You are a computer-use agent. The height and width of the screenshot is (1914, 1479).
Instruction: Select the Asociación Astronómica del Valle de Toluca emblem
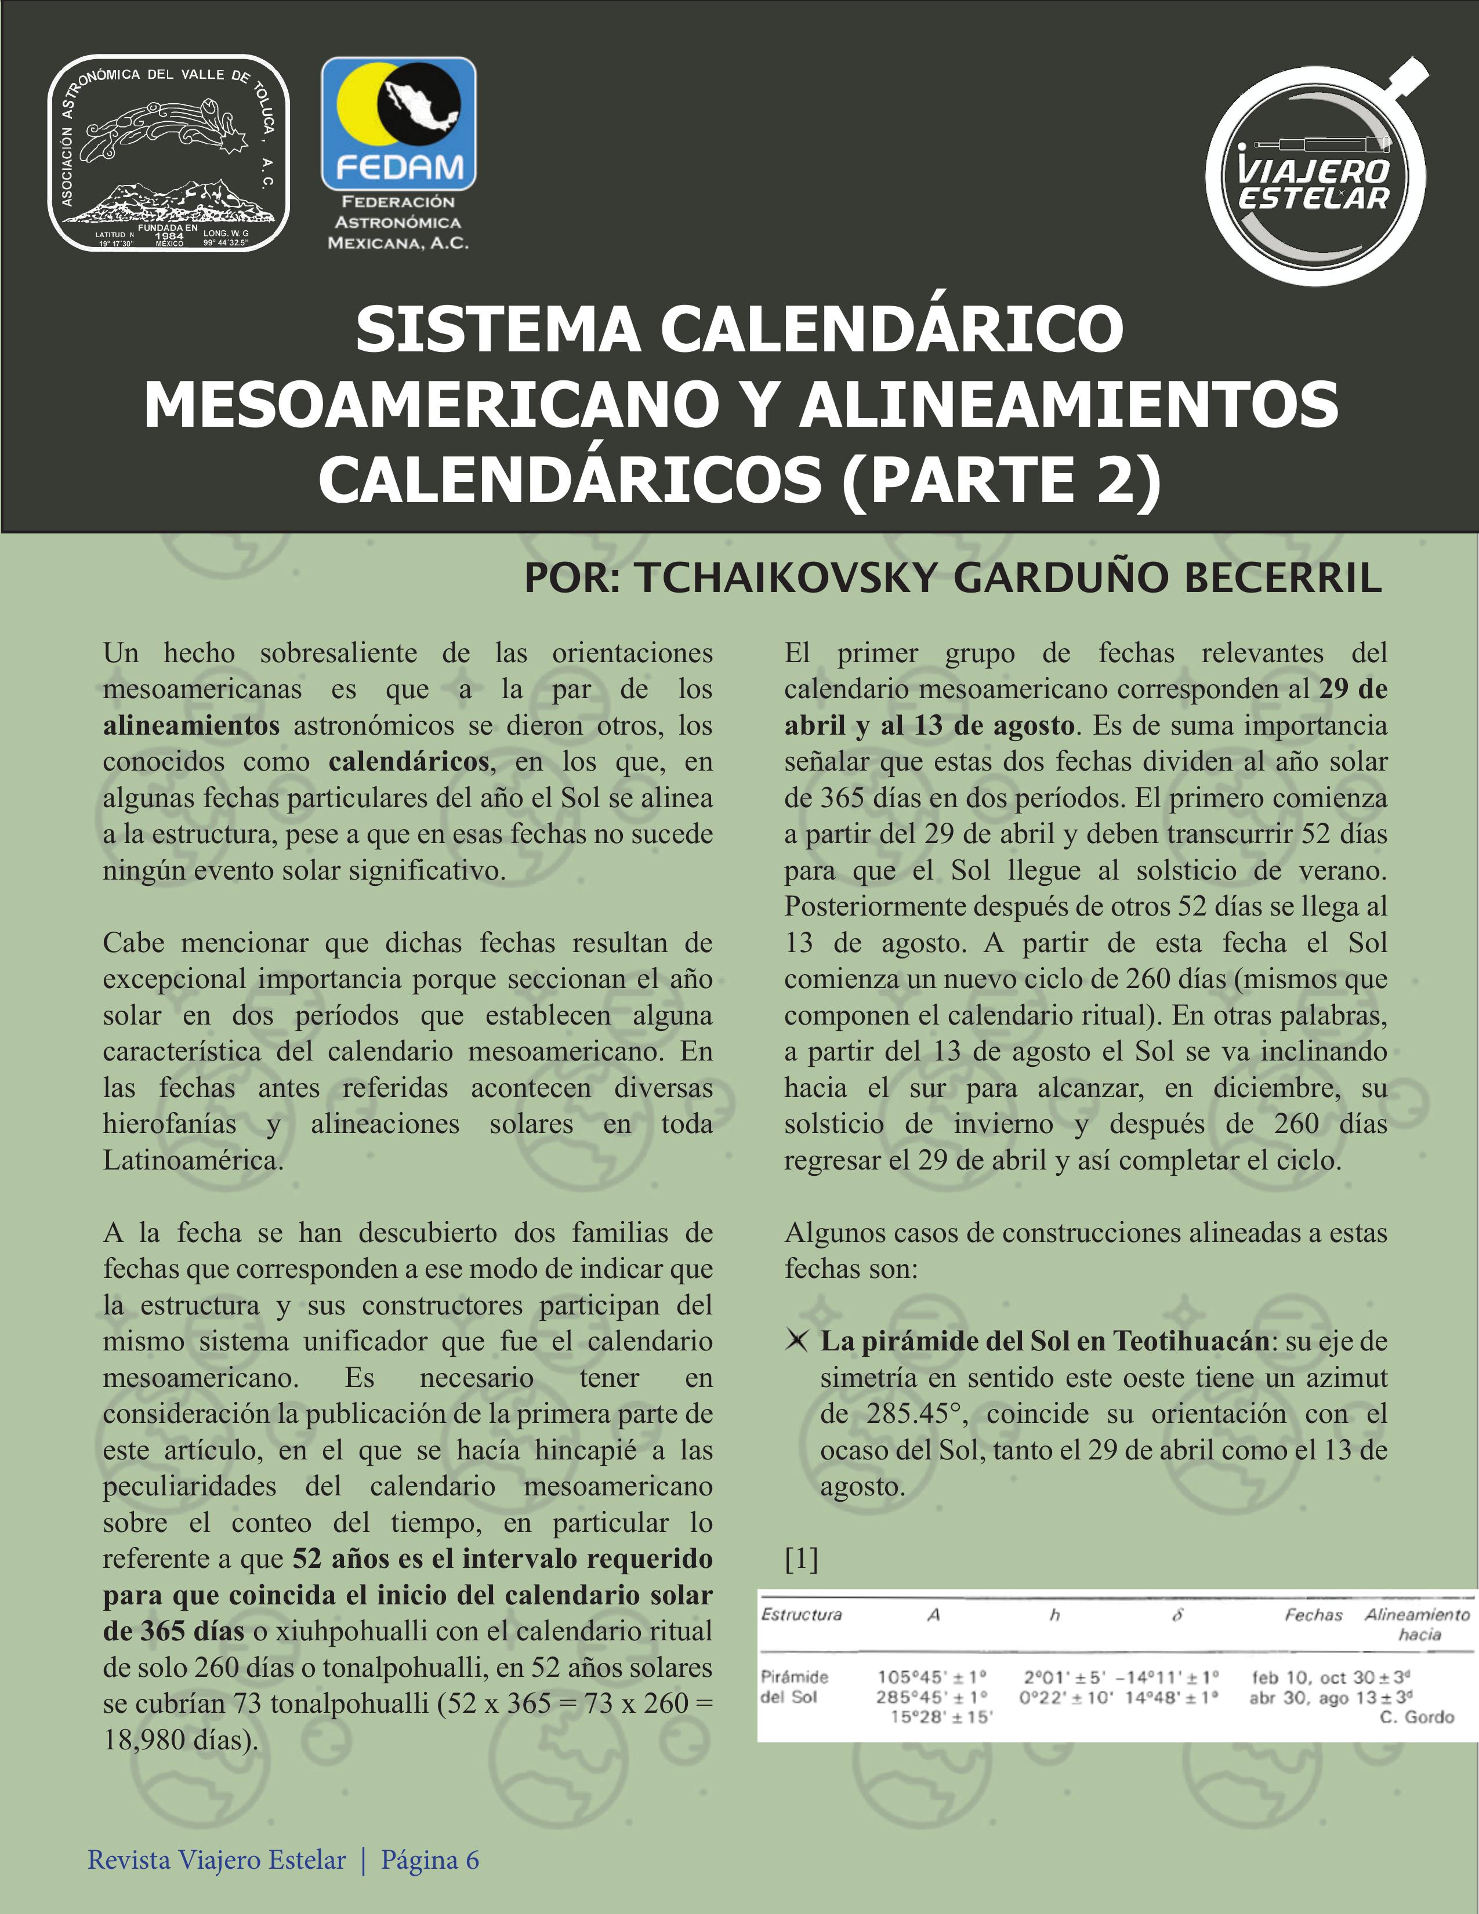coord(168,154)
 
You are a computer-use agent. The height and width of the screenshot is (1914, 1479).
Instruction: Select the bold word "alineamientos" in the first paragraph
coord(191,725)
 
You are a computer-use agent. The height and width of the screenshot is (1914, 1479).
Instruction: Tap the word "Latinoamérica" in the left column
coord(192,1160)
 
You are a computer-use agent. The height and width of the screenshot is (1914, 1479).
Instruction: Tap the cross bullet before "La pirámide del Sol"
coord(797,1341)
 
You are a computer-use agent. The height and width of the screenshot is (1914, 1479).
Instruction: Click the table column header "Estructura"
coord(802,1614)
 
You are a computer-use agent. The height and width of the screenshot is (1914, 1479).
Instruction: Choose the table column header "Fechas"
coord(1313,1614)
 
